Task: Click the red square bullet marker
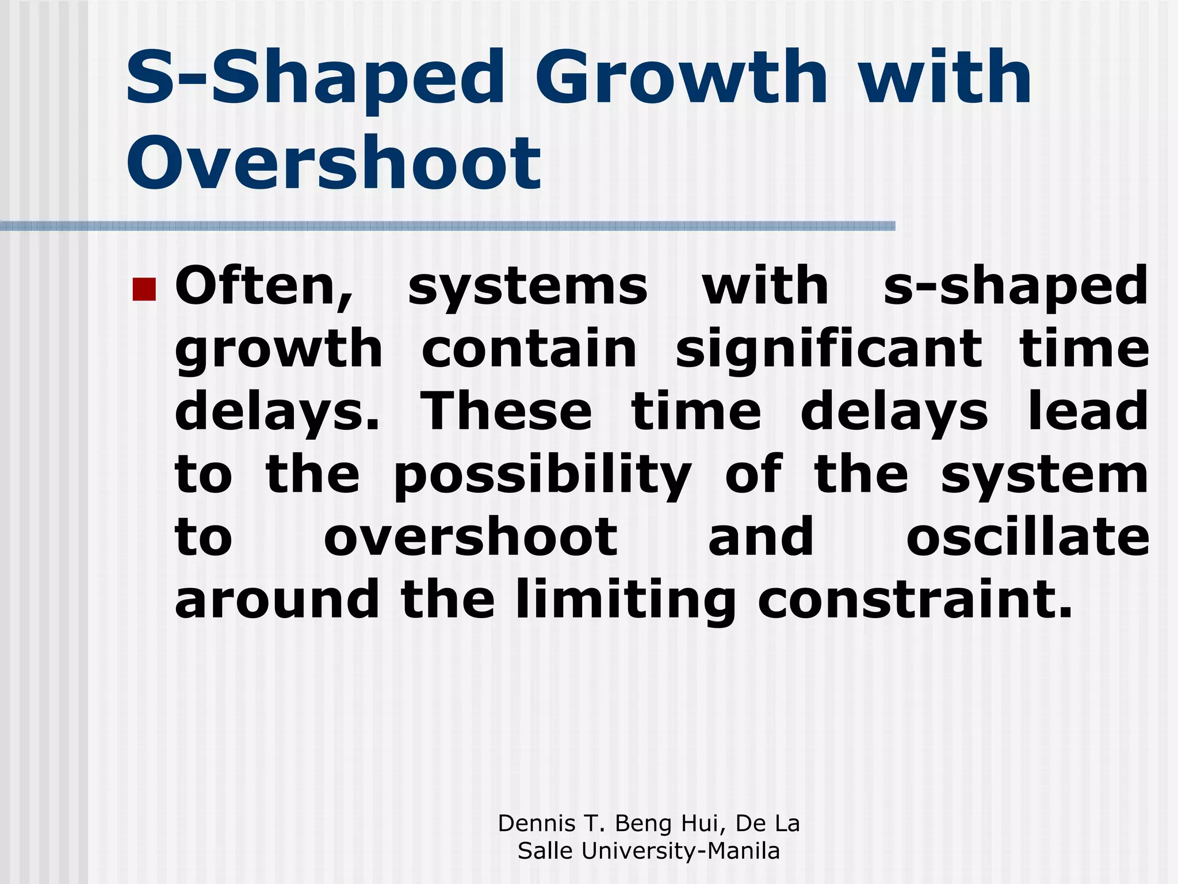pyautogui.click(x=144, y=289)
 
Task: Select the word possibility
pyautogui.click(x=542, y=477)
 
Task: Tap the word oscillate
pyautogui.click(x=1027, y=538)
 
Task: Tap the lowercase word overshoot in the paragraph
pyautogui.click(x=471, y=538)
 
